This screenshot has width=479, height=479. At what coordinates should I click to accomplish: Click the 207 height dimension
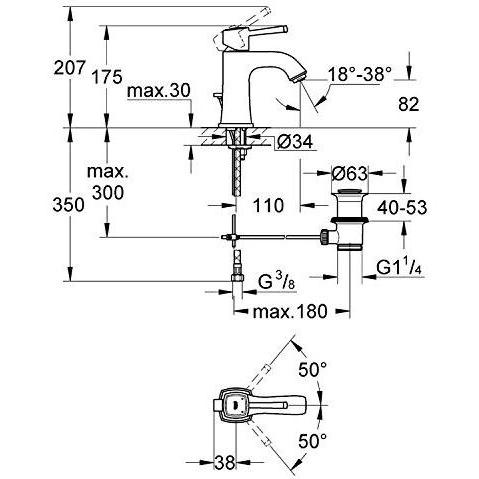click(x=69, y=68)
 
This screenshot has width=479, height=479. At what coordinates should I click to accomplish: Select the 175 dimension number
click(x=107, y=77)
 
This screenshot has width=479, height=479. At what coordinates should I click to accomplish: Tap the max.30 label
click(x=159, y=91)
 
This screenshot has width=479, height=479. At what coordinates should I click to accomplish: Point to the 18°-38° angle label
click(x=359, y=74)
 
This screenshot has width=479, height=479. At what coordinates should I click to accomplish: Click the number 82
click(x=409, y=104)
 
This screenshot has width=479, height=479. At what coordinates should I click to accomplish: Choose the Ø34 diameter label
click(x=295, y=142)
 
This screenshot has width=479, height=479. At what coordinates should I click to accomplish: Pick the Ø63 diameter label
click(x=350, y=173)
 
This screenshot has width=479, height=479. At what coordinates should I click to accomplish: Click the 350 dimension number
click(x=68, y=205)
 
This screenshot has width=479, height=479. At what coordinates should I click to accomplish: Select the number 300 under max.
click(x=108, y=192)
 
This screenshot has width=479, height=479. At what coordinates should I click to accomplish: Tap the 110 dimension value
click(x=268, y=205)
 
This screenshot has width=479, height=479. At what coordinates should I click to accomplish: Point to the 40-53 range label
click(x=402, y=208)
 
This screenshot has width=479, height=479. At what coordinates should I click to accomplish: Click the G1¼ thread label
click(x=399, y=267)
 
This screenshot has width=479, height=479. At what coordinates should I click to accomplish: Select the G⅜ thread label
click(x=276, y=282)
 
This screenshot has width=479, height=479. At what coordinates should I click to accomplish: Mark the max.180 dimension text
click(x=290, y=312)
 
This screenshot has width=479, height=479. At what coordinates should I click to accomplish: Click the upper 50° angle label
click(x=312, y=369)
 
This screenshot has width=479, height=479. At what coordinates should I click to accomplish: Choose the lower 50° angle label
click(x=312, y=441)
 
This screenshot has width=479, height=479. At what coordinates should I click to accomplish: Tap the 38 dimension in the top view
click(x=225, y=462)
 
